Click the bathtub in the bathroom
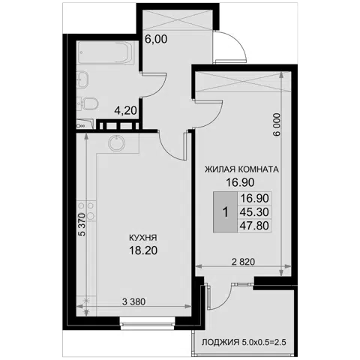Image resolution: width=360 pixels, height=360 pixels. point(105,53)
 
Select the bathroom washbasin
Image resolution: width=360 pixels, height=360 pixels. point(82,79)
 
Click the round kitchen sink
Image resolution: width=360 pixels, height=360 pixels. point(116,143)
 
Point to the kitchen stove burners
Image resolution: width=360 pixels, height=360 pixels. point(86,211)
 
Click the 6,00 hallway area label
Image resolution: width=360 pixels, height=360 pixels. point(156,39)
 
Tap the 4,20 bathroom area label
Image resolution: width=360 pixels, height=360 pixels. point(125,110)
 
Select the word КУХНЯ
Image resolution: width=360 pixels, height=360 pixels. point(143,238)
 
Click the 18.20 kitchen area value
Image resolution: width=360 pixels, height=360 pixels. point(143,250)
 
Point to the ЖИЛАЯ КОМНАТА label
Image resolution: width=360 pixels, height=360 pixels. point(241,169)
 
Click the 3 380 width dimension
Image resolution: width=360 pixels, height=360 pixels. point(133,301)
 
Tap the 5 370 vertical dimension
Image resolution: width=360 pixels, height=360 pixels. point(82,224)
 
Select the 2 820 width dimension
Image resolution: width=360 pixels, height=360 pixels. point(244,262)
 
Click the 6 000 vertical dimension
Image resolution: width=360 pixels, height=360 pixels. point(277,124)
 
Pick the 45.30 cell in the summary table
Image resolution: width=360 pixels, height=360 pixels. point(254,212)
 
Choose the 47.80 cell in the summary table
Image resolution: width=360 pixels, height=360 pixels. point(254,226)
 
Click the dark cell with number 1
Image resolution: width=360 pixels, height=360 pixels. point(225,212)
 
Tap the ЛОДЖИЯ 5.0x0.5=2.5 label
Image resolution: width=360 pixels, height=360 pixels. point(244,342)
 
